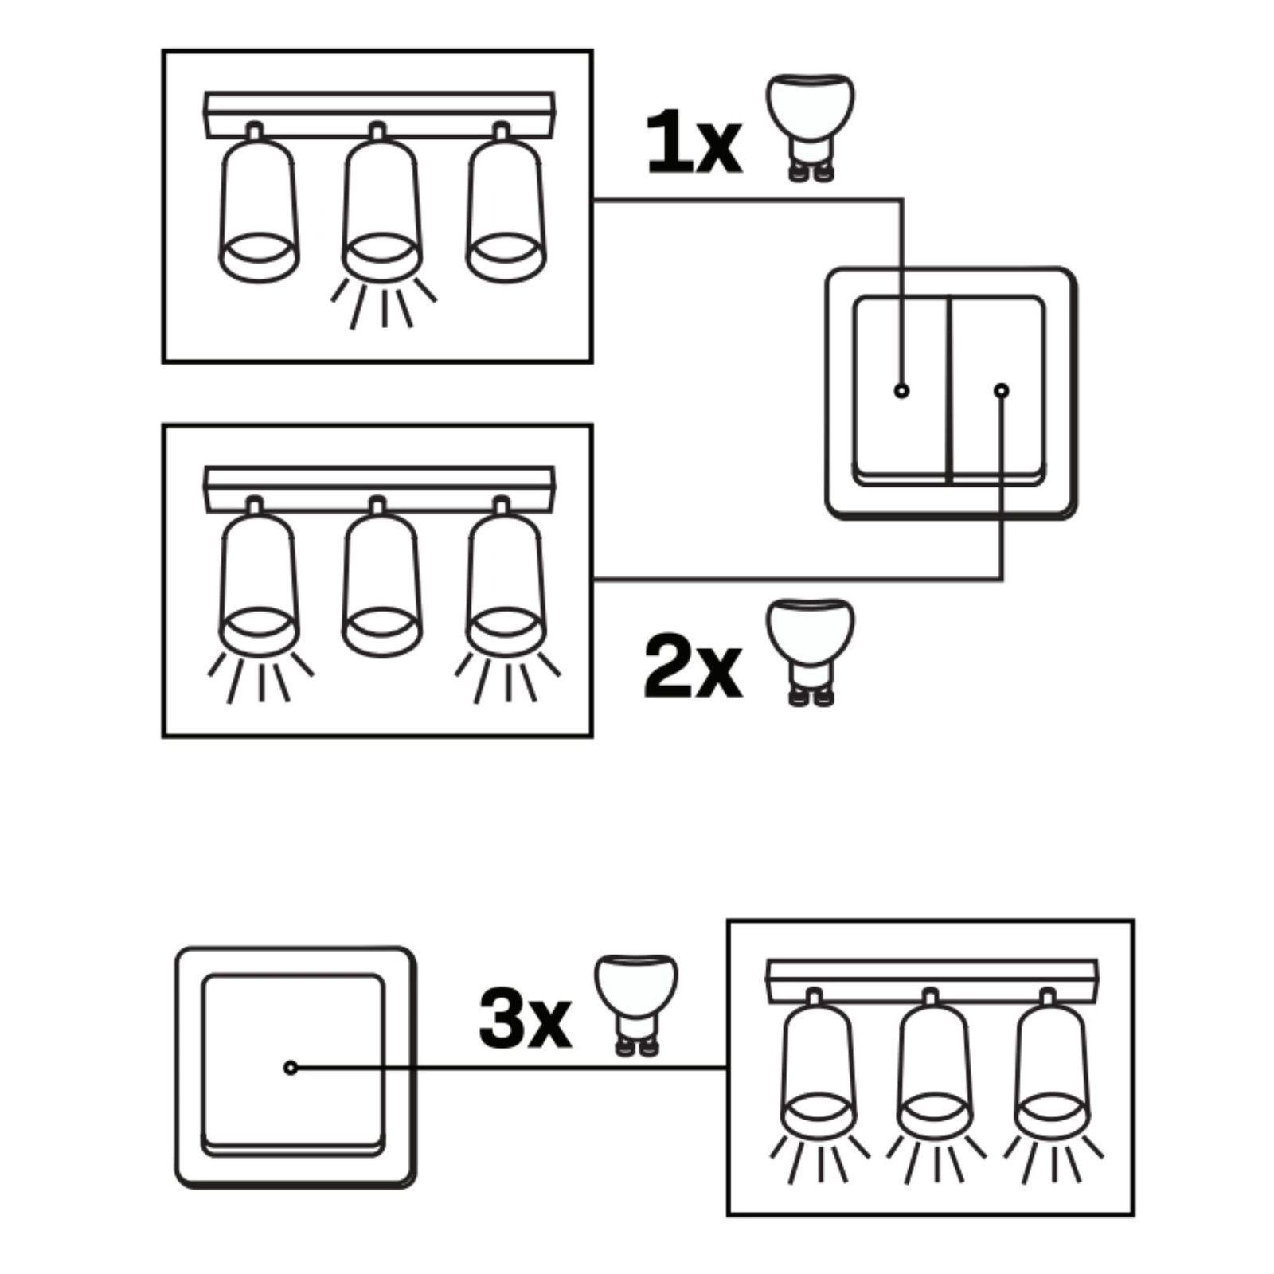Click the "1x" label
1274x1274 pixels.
coord(694,143)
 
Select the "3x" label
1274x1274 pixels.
coord(525,1018)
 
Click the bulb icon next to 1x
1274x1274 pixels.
coord(810,127)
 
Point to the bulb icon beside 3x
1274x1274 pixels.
coord(636,1005)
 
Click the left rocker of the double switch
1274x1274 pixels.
coord(901,390)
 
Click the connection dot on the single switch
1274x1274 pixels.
coord(291,1068)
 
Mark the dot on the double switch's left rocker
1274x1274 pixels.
coord(901,391)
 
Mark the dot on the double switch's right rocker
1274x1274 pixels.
coord(1002,391)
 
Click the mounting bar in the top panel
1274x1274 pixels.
coord(379,115)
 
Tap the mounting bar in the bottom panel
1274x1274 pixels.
coord(932,981)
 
